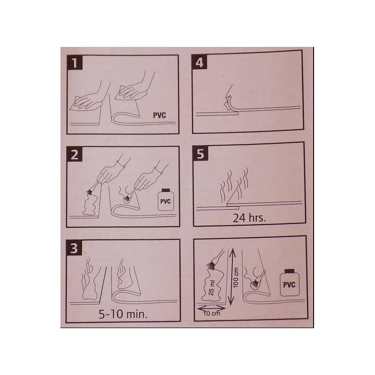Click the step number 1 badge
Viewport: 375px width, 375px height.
[75, 63]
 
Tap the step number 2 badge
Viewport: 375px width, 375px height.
[75, 154]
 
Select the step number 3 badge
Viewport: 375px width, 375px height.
[74, 247]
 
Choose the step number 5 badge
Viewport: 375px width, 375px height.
[201, 153]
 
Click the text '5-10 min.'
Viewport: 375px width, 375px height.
[123, 314]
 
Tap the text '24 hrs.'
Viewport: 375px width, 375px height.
[249, 217]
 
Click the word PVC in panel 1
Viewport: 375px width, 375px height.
[159, 115]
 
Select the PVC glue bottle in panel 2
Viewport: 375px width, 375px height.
[165, 200]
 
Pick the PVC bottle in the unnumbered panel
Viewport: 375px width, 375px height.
[289, 283]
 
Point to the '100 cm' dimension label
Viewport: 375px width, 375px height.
[236, 277]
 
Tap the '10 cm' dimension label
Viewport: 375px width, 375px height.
[212, 313]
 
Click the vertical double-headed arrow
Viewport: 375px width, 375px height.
[231, 277]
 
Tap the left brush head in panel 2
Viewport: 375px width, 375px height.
[90, 192]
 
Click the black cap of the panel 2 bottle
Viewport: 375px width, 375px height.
[166, 190]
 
